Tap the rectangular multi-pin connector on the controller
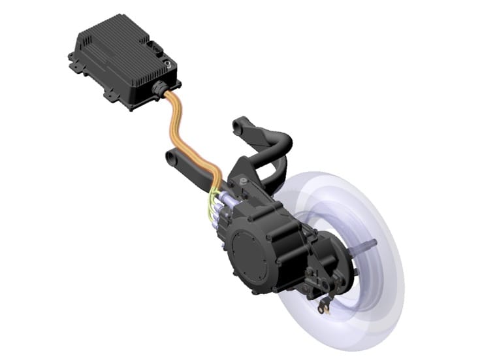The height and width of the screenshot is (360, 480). tap(155, 48)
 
